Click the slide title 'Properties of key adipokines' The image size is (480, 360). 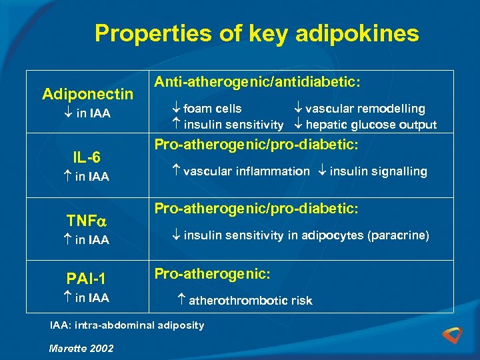click(x=257, y=33)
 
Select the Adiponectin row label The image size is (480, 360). click(x=87, y=94)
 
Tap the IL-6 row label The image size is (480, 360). click(x=87, y=157)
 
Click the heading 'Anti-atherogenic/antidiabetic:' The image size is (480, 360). click(x=258, y=82)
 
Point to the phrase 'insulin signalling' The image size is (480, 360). click(x=378, y=171)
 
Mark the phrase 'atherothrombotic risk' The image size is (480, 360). click(x=250, y=301)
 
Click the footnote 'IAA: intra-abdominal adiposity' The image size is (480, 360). click(x=127, y=325)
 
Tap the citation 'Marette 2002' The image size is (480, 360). click(x=81, y=348)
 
